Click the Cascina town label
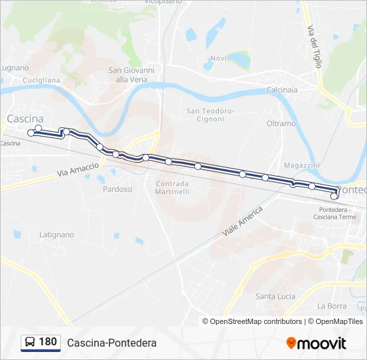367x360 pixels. pyautogui.click(x=25, y=119)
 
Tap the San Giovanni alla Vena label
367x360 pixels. pyautogui.click(x=131, y=75)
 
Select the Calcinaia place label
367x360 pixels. pyautogui.click(x=282, y=90)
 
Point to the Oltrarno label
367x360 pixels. pyautogui.click(x=281, y=123)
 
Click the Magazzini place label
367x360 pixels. pyautogui.click(x=302, y=165)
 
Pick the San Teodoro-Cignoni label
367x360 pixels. pyautogui.click(x=210, y=115)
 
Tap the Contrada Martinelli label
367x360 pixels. pyautogui.click(x=172, y=187)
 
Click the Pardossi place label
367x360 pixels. pyautogui.click(x=117, y=189)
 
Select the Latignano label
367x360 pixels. pyautogui.click(x=57, y=235)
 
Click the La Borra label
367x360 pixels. pyautogui.click(x=332, y=306)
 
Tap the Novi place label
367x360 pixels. pyautogui.click(x=218, y=58)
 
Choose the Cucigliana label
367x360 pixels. pyautogui.click(x=41, y=80)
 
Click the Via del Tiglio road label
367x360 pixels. pyautogui.click(x=315, y=47)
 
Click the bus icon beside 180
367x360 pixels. pyautogui.click(x=30, y=343)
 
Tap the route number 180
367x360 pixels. pyautogui.click(x=48, y=342)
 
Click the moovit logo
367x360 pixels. pyautogui.click(x=316, y=343)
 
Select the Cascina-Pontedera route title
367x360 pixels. pyautogui.click(x=111, y=343)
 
